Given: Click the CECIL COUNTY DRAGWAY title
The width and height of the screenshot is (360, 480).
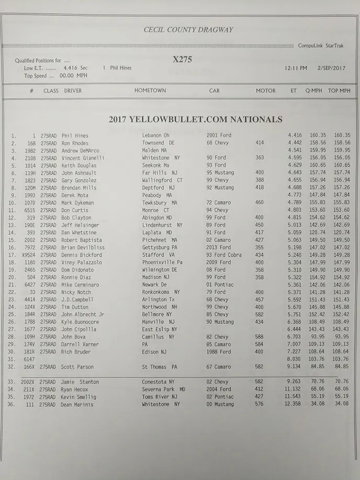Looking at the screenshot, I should pyautogui.click(x=188, y=30).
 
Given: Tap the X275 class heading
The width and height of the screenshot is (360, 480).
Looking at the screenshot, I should pyautogui.click(x=182, y=60).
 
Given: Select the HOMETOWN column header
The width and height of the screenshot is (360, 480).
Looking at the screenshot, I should pyautogui.click(x=150, y=90).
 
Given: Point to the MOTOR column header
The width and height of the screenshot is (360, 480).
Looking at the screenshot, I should pyautogui.click(x=266, y=90).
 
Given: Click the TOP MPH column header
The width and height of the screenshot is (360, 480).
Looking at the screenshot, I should pyautogui.click(x=339, y=90).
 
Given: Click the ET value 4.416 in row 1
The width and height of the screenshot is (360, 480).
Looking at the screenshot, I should pyautogui.click(x=295, y=135).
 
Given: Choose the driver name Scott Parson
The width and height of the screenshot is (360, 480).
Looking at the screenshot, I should pyautogui.click(x=78, y=367).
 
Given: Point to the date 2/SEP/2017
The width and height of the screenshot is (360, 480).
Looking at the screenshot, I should pyautogui.click(x=331, y=68).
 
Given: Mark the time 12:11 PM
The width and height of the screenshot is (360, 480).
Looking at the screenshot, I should pyautogui.click(x=296, y=68).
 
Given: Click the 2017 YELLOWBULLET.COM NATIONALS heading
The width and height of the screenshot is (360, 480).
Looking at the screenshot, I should pyautogui.click(x=196, y=119).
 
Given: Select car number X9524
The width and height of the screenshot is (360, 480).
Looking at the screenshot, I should pyautogui.click(x=28, y=255).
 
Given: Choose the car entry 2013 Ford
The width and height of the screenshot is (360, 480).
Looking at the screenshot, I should pyautogui.click(x=219, y=247).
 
